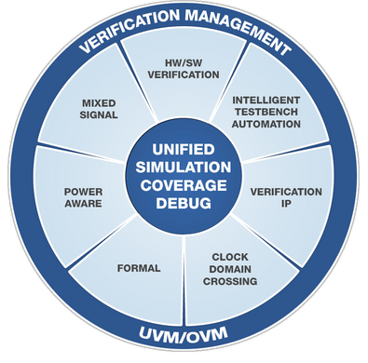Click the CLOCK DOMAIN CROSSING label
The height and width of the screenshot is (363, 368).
(x=228, y=268)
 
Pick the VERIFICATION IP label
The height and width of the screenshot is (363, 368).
(x=286, y=197)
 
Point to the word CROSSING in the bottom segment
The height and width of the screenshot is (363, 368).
(x=228, y=280)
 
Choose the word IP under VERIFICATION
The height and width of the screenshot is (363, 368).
(x=286, y=204)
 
